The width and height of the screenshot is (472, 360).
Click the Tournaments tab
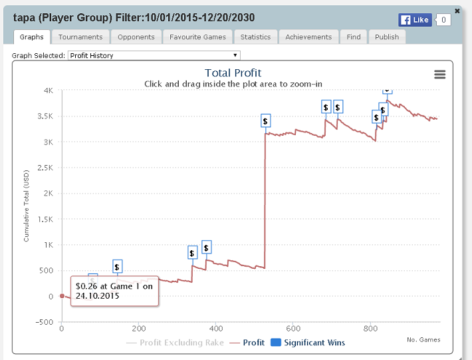(80, 37)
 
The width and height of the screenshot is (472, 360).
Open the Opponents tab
(136, 37)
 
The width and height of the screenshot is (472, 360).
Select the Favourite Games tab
(197, 37)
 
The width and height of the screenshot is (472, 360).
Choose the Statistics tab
(255, 37)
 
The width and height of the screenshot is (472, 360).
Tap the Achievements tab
(308, 37)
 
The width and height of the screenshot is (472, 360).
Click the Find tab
(353, 37)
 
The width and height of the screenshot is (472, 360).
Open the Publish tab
(386, 37)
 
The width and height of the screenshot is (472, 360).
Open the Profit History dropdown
(154, 56)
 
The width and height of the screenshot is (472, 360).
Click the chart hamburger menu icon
(439, 75)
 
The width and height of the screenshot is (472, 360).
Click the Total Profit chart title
(233, 73)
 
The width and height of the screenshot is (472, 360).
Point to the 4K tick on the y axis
(49, 90)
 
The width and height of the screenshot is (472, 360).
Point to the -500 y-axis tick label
(45, 322)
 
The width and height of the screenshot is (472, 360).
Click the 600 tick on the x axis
(293, 329)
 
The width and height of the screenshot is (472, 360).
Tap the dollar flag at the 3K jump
(265, 121)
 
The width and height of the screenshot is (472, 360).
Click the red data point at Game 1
(62, 296)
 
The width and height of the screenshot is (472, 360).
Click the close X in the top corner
(457, 11)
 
